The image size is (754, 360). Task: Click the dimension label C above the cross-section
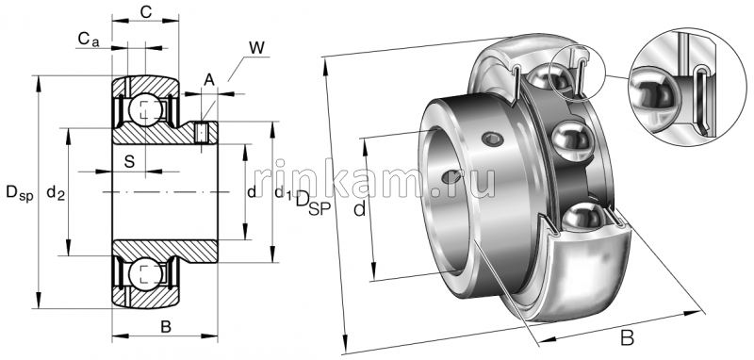[x=146, y=11]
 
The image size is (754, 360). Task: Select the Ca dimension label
[x=88, y=39]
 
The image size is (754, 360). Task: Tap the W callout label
[x=256, y=47]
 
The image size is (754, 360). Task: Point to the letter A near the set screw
[x=208, y=78]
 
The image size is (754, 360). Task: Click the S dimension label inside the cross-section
[x=129, y=160]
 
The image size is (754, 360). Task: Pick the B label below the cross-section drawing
[x=165, y=327]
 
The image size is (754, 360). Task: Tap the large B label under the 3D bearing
[x=627, y=336]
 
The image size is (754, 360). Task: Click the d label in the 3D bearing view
[x=359, y=209]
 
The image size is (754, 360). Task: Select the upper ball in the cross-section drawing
[x=145, y=107]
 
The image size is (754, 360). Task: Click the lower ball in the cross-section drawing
[x=145, y=274]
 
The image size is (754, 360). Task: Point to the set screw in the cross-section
[x=202, y=133]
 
